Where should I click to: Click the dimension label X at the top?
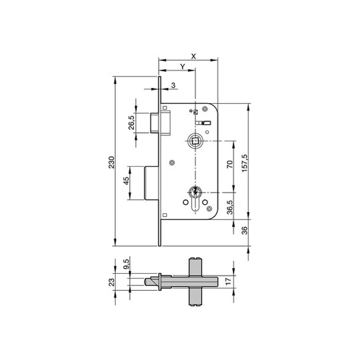click(193, 56)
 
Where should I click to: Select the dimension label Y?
click(183, 66)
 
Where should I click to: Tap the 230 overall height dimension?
click(111, 162)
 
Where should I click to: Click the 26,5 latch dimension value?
click(131, 122)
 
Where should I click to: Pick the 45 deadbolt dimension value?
click(126, 181)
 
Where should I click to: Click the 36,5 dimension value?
click(229, 210)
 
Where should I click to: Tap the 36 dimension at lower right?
click(245, 230)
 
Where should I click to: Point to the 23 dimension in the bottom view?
click(112, 282)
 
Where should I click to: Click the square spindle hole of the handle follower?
click(195, 142)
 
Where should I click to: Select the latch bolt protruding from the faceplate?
click(154, 122)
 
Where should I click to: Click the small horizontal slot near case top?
click(203, 122)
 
